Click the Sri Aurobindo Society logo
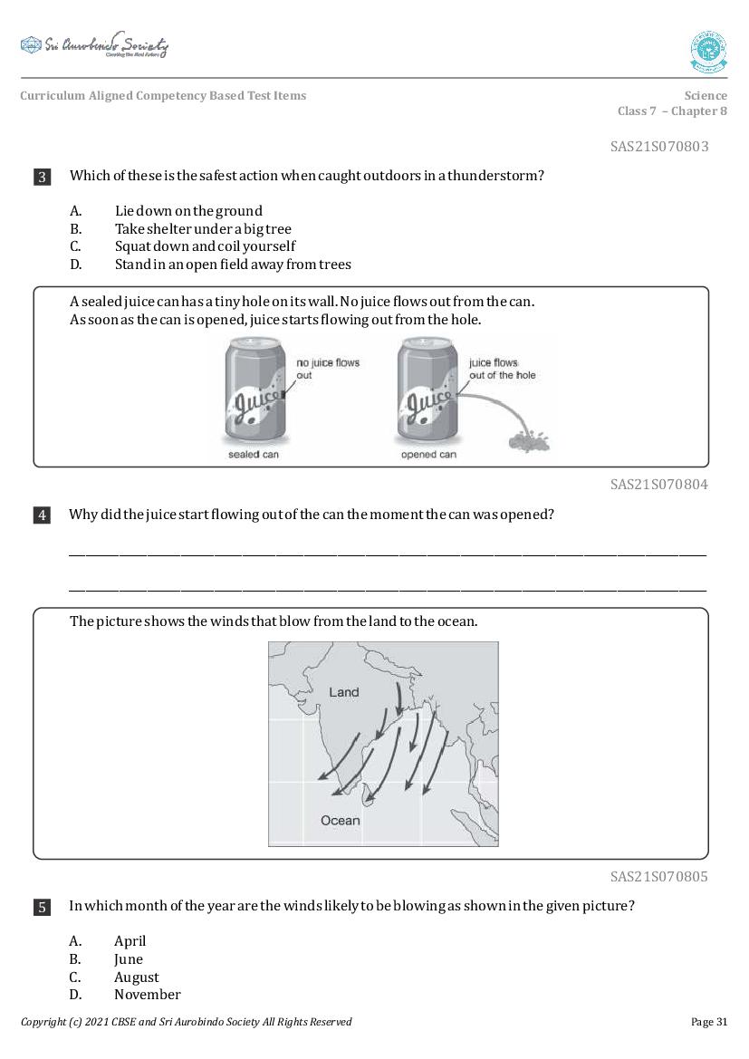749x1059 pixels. (x=94, y=46)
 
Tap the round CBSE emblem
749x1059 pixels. (x=708, y=52)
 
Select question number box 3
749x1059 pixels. (x=42, y=177)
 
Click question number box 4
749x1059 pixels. (x=42, y=515)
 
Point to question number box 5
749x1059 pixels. (x=42, y=907)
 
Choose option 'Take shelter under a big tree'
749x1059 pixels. (x=203, y=229)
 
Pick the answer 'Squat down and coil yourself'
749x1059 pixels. (x=205, y=246)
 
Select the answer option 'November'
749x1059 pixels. (x=147, y=995)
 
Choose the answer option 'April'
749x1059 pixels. (x=130, y=941)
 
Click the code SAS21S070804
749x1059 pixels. (x=658, y=485)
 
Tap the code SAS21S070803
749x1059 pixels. (x=658, y=147)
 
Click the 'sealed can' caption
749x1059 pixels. (x=254, y=455)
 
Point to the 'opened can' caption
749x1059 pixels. (x=428, y=455)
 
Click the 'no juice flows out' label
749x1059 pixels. (x=327, y=369)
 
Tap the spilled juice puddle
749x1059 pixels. (x=527, y=442)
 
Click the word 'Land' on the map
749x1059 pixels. (x=344, y=692)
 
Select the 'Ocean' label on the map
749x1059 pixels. (x=340, y=821)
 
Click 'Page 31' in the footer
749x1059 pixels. (x=708, y=1022)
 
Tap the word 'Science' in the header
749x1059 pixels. (x=706, y=96)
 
